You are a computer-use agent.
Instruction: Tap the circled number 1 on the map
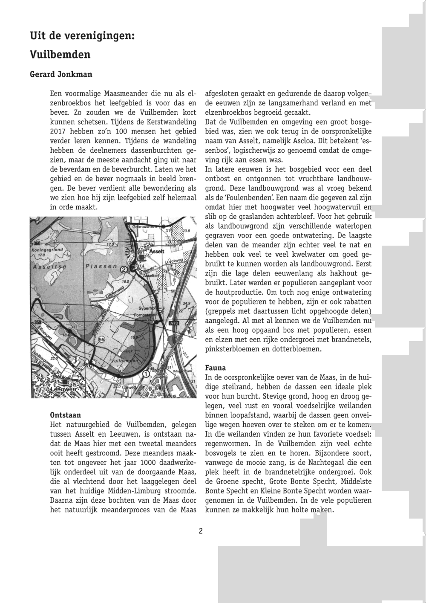[146, 374]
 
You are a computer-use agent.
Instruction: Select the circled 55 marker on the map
[101, 339]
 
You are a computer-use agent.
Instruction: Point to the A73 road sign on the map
[174, 325]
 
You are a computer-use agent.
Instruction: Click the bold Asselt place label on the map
[157, 252]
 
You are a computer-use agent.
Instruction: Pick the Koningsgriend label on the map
[47, 249]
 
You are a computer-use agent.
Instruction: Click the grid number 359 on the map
[37, 322]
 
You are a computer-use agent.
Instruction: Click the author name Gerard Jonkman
[61, 74]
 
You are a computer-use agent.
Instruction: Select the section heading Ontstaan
[65, 415]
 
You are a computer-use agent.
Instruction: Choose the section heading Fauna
[216, 368]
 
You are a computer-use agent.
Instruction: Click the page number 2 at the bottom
[200, 531]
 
